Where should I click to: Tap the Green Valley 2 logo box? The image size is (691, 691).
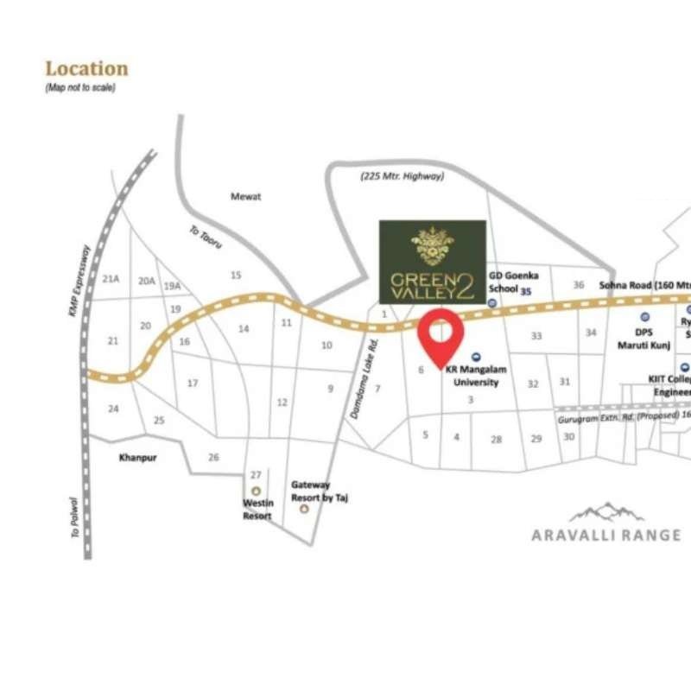coord(433,261)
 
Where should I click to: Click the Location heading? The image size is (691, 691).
coord(86,68)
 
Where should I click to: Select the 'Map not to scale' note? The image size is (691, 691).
coord(80,88)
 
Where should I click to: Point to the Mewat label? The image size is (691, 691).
coord(245,197)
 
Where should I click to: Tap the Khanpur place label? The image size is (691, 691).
coord(137,458)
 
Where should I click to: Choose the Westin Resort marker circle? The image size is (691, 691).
coord(256,491)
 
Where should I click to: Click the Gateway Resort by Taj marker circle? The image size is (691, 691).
coord(304,510)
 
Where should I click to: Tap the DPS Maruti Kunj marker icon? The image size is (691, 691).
coord(644,317)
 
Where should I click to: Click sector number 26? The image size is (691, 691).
coord(214,457)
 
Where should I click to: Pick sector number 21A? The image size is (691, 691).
coord(110,279)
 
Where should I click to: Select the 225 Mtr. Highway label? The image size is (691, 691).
coord(402,176)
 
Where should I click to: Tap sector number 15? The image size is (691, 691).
coord(236,276)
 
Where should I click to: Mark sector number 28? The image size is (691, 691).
coord(497,440)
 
